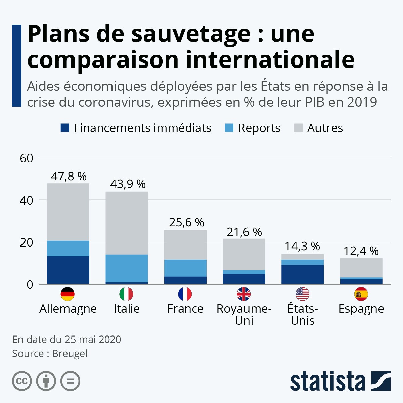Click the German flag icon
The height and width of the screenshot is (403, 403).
coord(68,294)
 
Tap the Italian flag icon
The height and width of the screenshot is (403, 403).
coord(126,294)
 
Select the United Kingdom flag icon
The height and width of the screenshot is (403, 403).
coord(243,294)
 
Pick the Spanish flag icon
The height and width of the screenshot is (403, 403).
coord(361,294)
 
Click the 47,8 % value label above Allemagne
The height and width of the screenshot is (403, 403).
coord(69,176)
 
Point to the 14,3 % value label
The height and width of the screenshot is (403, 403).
coord(302,246)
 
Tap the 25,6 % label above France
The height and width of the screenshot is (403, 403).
coord(186,222)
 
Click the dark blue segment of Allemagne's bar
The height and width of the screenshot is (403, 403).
coord(68,270)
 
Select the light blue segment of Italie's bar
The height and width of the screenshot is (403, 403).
coord(127,268)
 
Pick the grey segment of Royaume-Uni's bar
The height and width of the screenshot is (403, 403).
coord(244,254)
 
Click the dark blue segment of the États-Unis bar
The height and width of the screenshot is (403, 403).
coord(303,275)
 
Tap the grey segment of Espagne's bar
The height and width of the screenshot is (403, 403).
coord(361,268)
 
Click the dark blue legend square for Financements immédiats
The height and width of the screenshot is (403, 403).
coord(65,128)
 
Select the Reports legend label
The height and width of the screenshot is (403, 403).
coord(259,128)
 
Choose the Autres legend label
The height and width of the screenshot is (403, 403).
coord(325,128)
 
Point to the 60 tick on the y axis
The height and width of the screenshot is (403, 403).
coord(27,158)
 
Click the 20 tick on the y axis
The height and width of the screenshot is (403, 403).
coord(27,242)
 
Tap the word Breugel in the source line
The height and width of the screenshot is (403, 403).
coord(70,353)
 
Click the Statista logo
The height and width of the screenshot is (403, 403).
coord(341,381)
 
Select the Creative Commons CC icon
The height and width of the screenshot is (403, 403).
coord(22,381)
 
